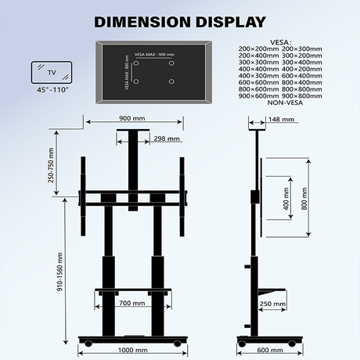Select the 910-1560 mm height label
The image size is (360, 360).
coord(51,266)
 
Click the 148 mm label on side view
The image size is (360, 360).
coord(281,121)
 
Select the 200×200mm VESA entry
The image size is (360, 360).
coord(260,48)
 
